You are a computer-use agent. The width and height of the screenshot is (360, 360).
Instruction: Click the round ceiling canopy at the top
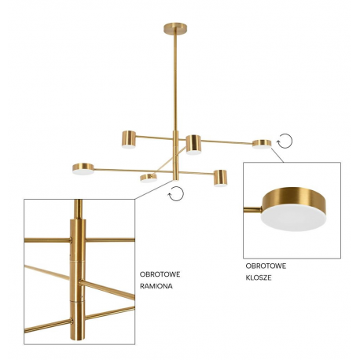click(x=175, y=28)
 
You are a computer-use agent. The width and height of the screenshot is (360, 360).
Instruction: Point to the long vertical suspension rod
click(x=174, y=82)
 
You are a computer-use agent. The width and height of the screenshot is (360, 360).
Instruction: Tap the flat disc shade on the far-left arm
click(x=83, y=169)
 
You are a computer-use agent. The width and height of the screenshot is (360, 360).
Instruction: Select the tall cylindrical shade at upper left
click(x=129, y=139)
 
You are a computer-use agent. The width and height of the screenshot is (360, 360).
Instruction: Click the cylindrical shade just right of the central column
click(x=193, y=145)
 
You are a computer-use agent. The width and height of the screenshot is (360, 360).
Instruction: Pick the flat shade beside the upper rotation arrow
click(x=262, y=144)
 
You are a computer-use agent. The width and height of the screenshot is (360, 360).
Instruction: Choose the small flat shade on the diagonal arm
click(x=149, y=178)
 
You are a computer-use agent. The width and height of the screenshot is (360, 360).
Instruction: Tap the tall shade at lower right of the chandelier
click(x=220, y=178)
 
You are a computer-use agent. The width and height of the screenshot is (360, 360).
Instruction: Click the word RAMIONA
click(x=156, y=286)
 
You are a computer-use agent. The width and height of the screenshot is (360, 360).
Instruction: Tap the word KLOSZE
click(x=259, y=277)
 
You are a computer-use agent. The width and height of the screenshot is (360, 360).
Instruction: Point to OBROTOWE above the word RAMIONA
click(x=160, y=274)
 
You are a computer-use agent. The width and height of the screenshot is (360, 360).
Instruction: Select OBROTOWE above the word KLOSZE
click(x=266, y=266)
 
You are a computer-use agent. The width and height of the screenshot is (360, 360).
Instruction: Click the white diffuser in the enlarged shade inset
click(x=293, y=218)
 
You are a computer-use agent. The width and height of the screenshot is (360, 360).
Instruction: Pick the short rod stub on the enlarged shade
click(x=252, y=209)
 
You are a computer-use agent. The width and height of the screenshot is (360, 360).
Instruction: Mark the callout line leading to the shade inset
click(x=277, y=155)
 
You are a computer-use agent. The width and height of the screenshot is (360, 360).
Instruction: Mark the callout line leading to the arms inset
click(x=154, y=189)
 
